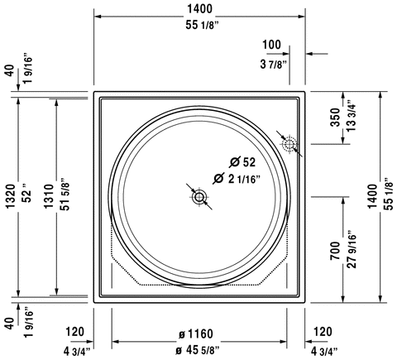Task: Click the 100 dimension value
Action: (x=271, y=44)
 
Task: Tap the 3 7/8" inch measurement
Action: (x=271, y=64)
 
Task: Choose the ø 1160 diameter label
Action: (x=194, y=334)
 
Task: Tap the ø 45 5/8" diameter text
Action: (x=194, y=353)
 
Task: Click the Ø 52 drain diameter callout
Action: (x=243, y=161)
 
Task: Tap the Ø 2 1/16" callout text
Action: (x=238, y=178)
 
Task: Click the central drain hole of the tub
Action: (x=199, y=197)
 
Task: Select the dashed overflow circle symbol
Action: (x=289, y=146)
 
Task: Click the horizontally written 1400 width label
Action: (x=199, y=9)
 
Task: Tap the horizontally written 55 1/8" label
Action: (x=199, y=27)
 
